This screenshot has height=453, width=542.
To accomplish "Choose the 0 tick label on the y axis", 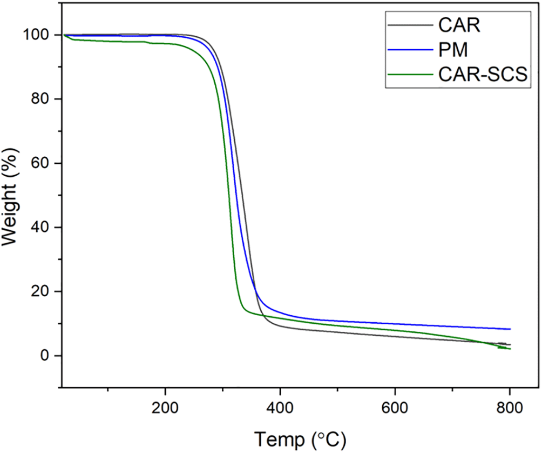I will tap(46, 356).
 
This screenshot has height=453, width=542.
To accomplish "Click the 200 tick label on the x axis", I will tap(165, 408).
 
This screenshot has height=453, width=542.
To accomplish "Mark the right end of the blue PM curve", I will tap(510, 329).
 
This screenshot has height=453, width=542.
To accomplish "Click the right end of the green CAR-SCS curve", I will tap(510, 349).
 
